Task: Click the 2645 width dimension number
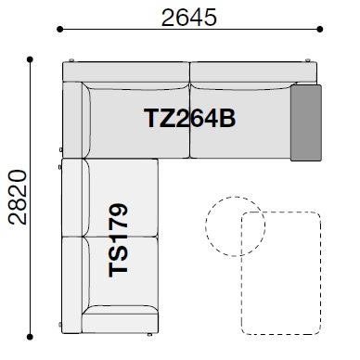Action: [189, 18]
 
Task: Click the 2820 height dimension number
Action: [18, 197]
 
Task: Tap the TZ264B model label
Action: [190, 118]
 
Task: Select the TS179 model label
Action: [118, 240]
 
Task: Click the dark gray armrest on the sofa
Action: [306, 122]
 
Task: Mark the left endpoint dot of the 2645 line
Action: [60, 30]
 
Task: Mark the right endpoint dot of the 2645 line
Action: [320, 30]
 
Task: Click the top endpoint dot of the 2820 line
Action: [30, 59]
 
